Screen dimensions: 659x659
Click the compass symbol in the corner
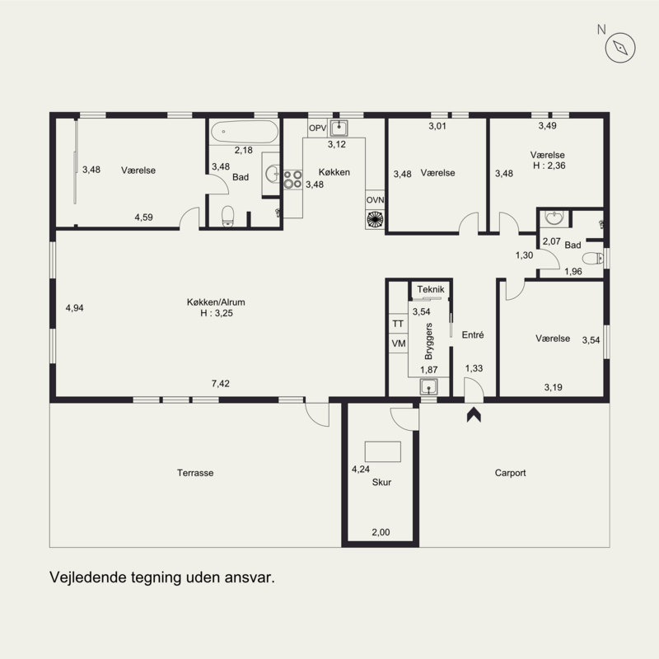pyautogui.click(x=620, y=48)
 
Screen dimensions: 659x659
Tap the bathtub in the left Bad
pyautogui.click(x=244, y=132)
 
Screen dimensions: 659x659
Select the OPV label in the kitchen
pyautogui.click(x=318, y=129)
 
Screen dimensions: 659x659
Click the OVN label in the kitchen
pyautogui.click(x=375, y=200)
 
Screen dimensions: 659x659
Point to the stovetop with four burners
pyautogui.click(x=292, y=179)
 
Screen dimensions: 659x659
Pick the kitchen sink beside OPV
pyautogui.click(x=339, y=128)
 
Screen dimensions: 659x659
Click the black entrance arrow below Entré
pyautogui.click(x=474, y=414)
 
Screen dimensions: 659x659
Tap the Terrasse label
pyautogui.click(x=195, y=473)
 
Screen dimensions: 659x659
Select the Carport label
pyautogui.click(x=510, y=473)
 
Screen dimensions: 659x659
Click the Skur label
pyautogui.click(x=381, y=482)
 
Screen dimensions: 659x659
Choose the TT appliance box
pyautogui.click(x=398, y=324)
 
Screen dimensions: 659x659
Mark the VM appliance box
pyautogui.click(x=398, y=344)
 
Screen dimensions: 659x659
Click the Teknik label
pyautogui.click(x=431, y=289)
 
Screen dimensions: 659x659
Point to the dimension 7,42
pyautogui.click(x=221, y=383)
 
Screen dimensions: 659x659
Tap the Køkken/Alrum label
pyautogui.click(x=216, y=301)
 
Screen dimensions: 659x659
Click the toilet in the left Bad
pyautogui.click(x=228, y=216)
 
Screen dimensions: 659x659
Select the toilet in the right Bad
pyautogui.click(x=592, y=258)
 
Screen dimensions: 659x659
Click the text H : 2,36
pyautogui.click(x=549, y=166)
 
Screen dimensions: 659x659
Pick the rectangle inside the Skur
pyautogui.click(x=382, y=451)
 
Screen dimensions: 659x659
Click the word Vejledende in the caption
pyautogui.click(x=87, y=577)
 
